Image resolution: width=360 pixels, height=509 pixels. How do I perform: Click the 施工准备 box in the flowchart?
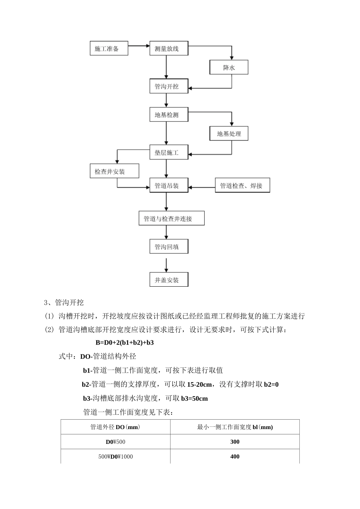[x=108, y=48]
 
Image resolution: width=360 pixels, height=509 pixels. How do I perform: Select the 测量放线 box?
[x=169, y=48]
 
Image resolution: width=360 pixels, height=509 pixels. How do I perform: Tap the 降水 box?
[x=229, y=67]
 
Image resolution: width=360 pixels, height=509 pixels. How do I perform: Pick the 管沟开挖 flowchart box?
[x=169, y=86]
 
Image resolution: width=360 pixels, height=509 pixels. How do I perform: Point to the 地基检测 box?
[x=169, y=115]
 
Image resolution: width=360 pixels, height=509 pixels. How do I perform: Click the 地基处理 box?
[x=229, y=134]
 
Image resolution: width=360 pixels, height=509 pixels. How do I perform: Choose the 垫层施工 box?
[x=169, y=153]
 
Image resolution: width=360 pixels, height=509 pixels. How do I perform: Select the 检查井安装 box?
[x=114, y=172]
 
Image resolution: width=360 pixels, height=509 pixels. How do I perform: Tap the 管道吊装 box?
[x=169, y=186]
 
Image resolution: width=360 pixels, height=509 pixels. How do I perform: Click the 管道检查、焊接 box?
[x=242, y=186]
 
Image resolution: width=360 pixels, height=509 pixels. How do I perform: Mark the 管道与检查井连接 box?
[x=171, y=219]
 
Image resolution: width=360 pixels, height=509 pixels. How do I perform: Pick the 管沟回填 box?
[x=169, y=247]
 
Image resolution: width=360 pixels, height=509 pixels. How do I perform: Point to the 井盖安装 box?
[x=169, y=280]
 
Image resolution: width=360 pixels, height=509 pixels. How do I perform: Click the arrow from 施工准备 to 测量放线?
[x=139, y=46]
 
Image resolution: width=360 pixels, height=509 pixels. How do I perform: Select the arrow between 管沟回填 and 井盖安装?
[x=166, y=265]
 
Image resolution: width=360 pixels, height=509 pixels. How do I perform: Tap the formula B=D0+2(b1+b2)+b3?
[x=125, y=343]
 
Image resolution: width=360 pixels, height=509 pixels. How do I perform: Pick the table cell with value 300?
[x=235, y=442]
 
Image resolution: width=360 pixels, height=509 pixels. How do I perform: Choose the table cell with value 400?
[x=235, y=457]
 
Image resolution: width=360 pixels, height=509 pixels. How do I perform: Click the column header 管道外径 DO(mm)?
[x=115, y=427]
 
